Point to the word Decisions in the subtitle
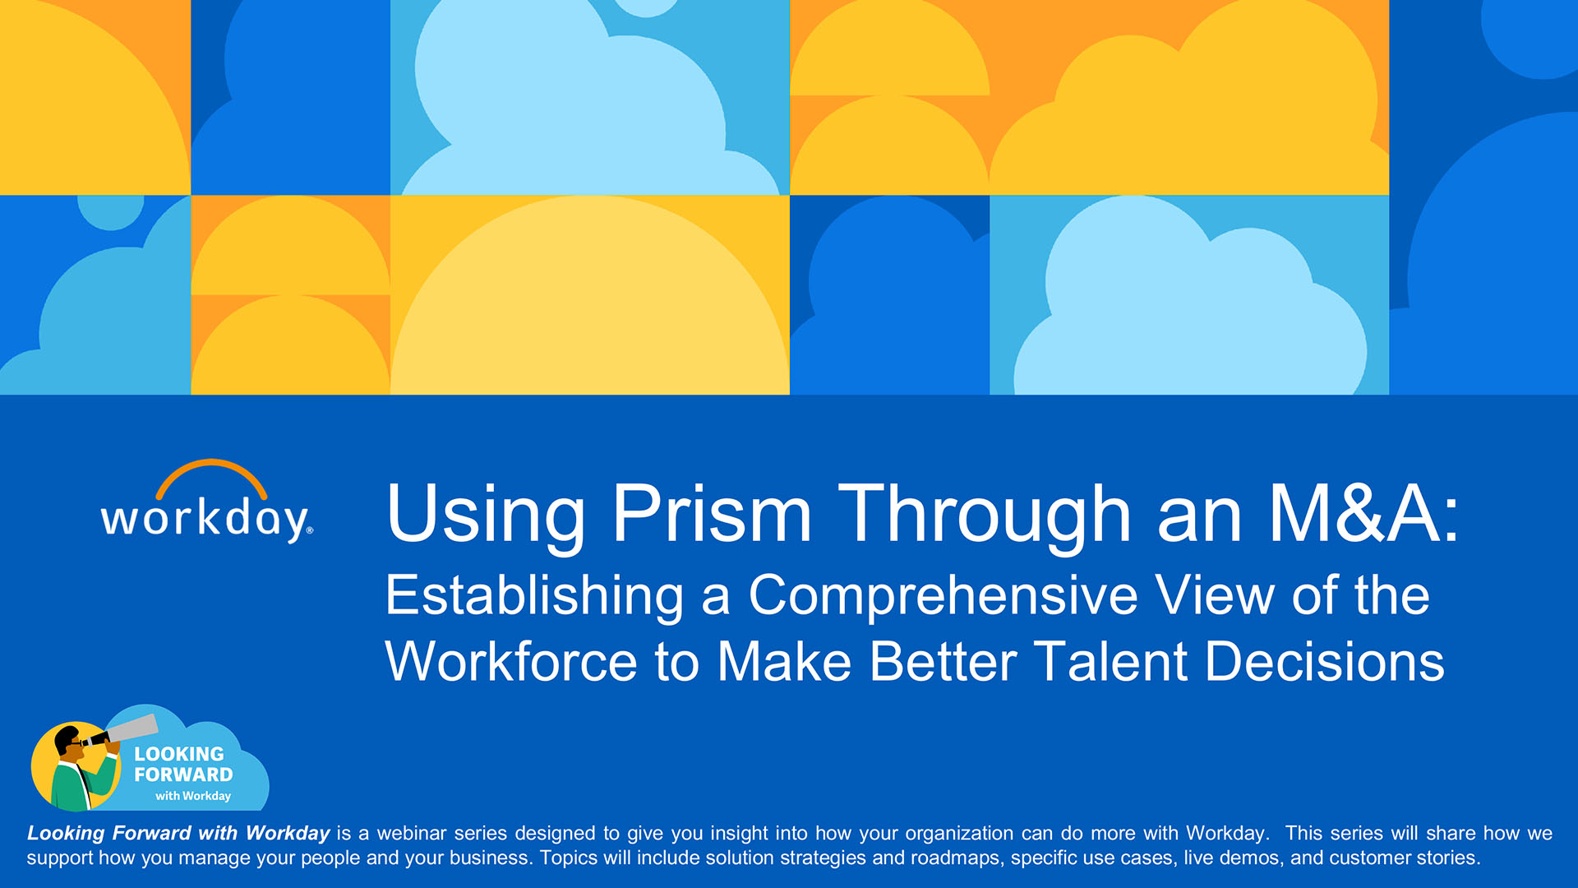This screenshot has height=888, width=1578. click(1324, 662)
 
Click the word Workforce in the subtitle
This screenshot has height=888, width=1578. click(511, 662)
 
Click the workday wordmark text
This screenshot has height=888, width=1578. click(205, 520)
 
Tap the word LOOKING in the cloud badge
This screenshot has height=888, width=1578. click(179, 754)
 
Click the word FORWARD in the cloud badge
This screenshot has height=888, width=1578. click(183, 775)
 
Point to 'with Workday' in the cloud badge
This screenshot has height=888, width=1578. click(193, 796)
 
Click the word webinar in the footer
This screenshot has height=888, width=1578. click(412, 833)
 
